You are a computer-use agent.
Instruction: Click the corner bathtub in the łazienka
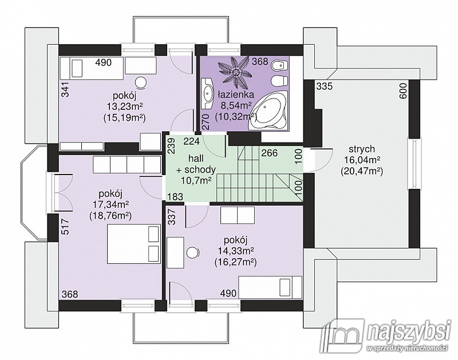(x=269, y=111)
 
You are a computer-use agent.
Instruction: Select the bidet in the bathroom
(x=278, y=66)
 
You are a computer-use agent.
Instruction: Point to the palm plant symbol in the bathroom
(x=235, y=70)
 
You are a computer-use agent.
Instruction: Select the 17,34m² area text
(x=110, y=205)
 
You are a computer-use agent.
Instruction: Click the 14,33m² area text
(x=235, y=251)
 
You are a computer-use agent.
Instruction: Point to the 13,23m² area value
(x=124, y=106)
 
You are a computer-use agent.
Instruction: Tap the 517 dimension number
(x=66, y=227)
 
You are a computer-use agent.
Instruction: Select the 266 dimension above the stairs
(x=269, y=153)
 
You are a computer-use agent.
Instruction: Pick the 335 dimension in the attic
(x=325, y=86)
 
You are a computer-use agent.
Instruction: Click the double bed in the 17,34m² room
(x=134, y=244)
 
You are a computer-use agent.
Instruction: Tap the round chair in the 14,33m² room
(x=193, y=252)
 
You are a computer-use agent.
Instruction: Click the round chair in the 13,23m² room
(x=141, y=83)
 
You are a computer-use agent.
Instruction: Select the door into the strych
(x=321, y=160)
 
